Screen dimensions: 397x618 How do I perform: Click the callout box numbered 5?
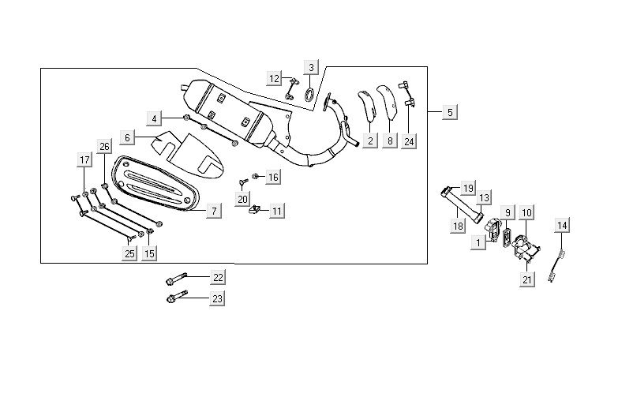click(x=449, y=113)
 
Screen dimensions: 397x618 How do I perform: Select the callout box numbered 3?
click(x=312, y=67)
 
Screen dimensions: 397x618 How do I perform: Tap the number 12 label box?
click(x=274, y=78)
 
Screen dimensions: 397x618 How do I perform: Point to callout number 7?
click(x=214, y=211)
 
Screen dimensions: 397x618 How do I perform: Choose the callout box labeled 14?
click(x=562, y=226)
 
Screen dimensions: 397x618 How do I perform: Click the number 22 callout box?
click(x=218, y=277)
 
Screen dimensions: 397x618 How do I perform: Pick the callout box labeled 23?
click(x=218, y=298)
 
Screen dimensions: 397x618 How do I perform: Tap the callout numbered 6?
click(x=126, y=138)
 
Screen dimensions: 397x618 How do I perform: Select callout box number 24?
click(x=408, y=142)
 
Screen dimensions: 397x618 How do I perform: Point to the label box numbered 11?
click(x=276, y=211)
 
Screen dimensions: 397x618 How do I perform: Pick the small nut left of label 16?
click(x=255, y=176)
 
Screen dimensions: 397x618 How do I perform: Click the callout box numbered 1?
click(x=478, y=243)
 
